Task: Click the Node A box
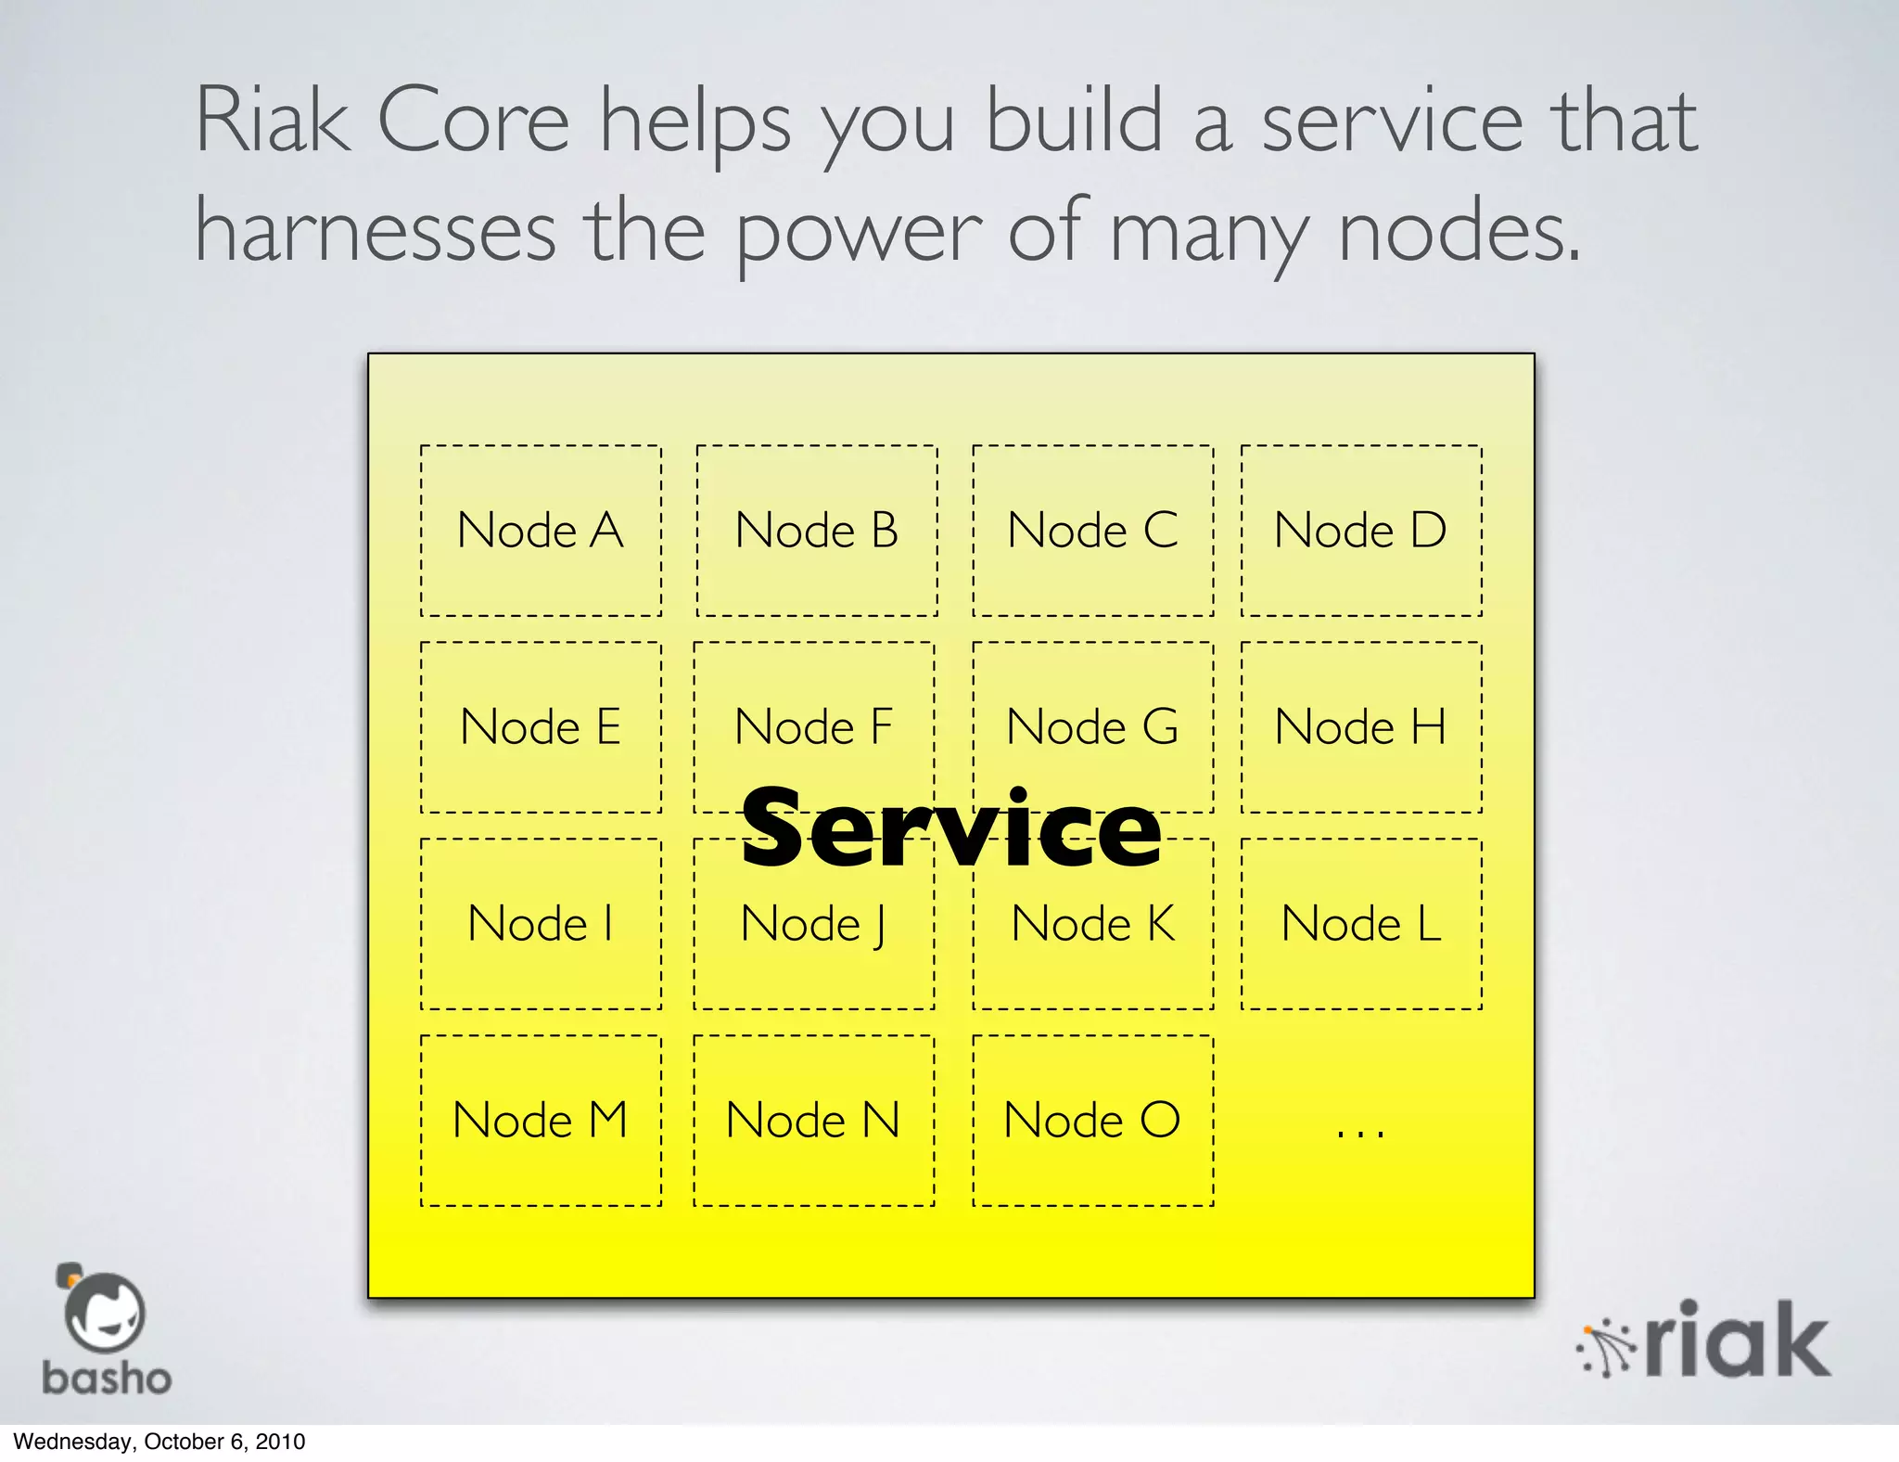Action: pyautogui.click(x=541, y=531)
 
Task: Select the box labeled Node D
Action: pyautogui.click(x=1361, y=531)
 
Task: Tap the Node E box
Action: pyautogui.click(x=541, y=727)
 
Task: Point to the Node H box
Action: pyautogui.click(x=1361, y=727)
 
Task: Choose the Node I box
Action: pyautogui.click(x=541, y=924)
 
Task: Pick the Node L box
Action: pyautogui.click(x=1361, y=924)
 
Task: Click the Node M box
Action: pyautogui.click(x=541, y=1121)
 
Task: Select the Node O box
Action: pyautogui.click(x=1092, y=1121)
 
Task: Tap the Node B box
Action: pyautogui.click(x=816, y=531)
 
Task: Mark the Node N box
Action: pyautogui.click(x=813, y=1121)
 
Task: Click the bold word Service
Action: pyautogui.click(x=950, y=828)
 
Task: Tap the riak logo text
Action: pyautogui.click(x=1739, y=1340)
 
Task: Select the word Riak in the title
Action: pyautogui.click(x=273, y=121)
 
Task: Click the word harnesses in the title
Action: pyautogui.click(x=376, y=232)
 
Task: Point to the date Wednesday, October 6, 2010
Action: pyautogui.click(x=159, y=1442)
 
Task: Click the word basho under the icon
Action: pyautogui.click(x=107, y=1379)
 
